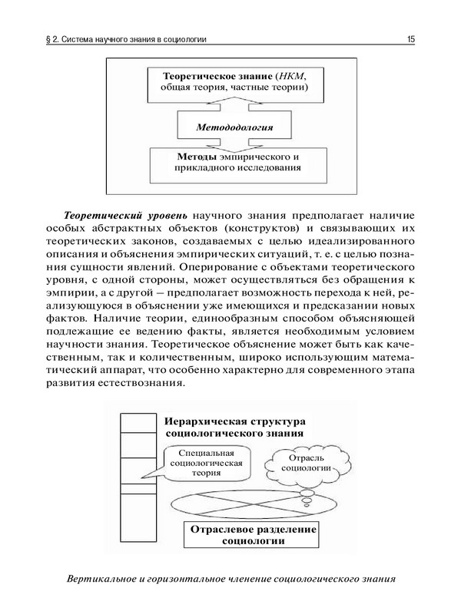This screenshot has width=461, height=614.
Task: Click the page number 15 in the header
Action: pyautogui.click(x=411, y=38)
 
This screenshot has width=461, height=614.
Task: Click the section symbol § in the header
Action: pyautogui.click(x=49, y=38)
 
